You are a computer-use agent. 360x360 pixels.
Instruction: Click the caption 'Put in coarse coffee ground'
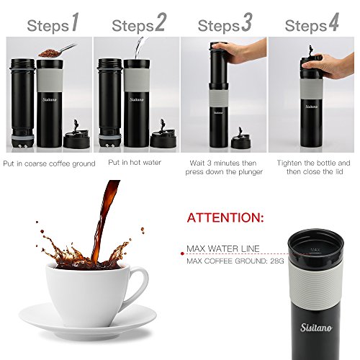[48, 163]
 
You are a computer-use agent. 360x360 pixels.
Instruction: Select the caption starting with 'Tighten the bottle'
[313, 168]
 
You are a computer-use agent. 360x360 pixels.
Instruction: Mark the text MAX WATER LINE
[222, 249]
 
